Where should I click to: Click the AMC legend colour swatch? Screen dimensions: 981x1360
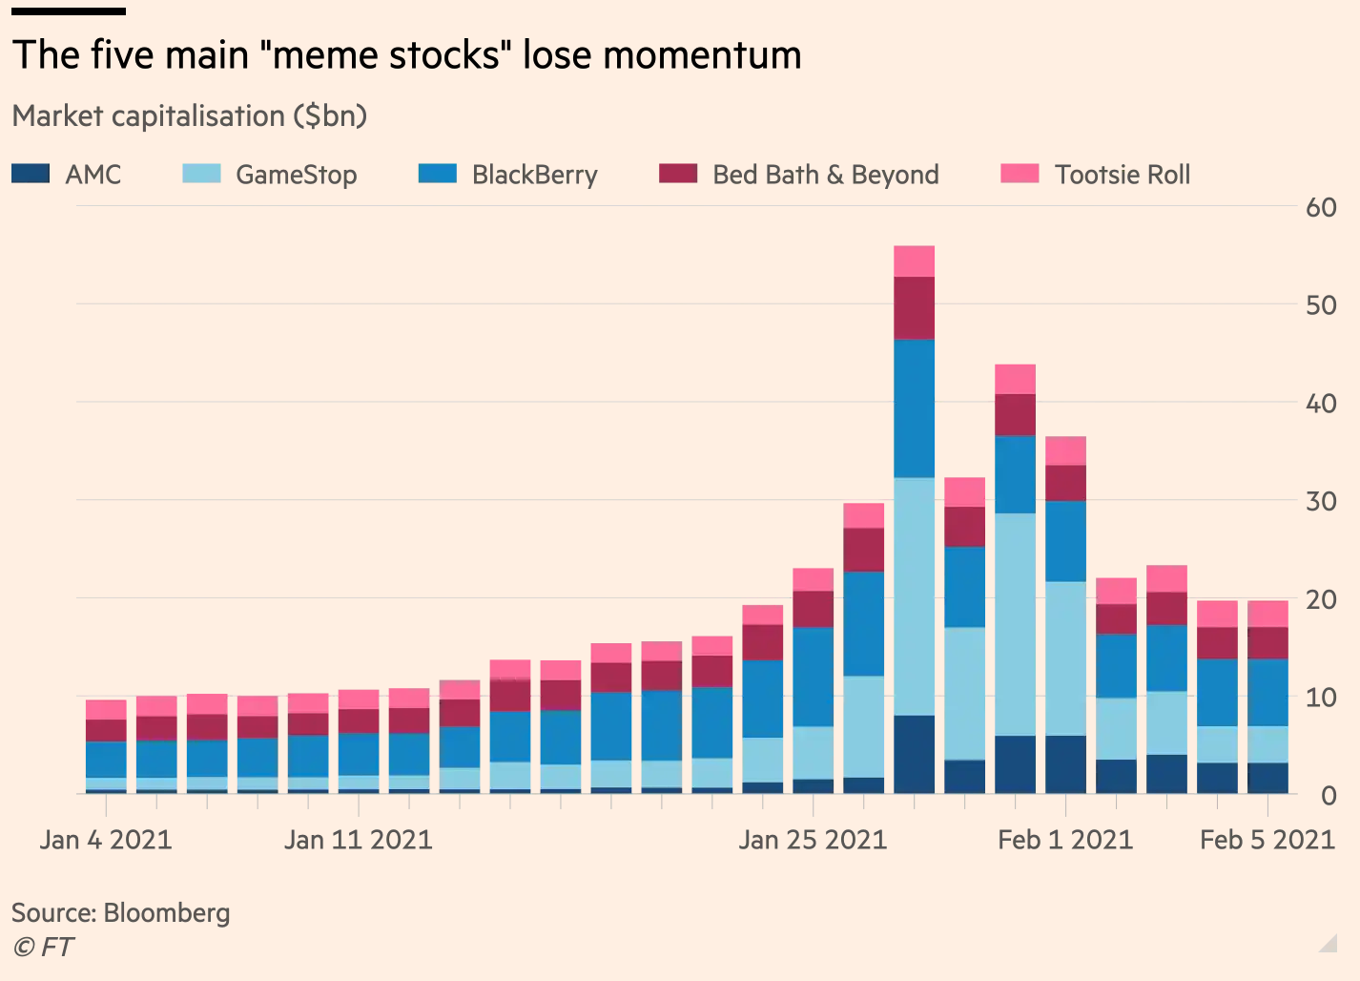[x=31, y=174]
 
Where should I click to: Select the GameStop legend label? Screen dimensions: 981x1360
[x=296, y=175]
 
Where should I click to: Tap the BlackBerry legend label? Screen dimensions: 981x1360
[x=534, y=175]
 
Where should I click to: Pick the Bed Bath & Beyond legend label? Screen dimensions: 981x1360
[x=825, y=175]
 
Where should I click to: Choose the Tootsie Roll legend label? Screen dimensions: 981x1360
[x=1122, y=175]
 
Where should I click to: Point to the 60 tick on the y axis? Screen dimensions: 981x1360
[x=1321, y=207]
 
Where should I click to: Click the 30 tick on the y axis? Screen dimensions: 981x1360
[x=1321, y=501]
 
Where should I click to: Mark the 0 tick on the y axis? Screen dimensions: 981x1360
[x=1329, y=795]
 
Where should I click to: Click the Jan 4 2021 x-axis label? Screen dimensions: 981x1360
[x=106, y=840]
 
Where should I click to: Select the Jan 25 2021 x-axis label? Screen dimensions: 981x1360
[x=813, y=840]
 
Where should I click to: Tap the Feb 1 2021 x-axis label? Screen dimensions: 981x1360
[x=1065, y=840]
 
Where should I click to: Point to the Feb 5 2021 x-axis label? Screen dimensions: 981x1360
[x=1267, y=840]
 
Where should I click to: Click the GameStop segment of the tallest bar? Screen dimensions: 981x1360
[x=914, y=595]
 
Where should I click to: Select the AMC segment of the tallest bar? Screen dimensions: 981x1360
[x=914, y=754]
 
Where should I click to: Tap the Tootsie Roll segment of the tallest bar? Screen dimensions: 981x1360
[x=914, y=261]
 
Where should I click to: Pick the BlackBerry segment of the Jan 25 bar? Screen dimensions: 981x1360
[x=813, y=677]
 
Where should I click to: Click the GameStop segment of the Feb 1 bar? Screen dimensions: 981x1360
[x=1065, y=658]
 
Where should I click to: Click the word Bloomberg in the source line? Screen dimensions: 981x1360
[x=167, y=913]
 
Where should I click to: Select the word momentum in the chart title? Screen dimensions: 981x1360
[x=702, y=55]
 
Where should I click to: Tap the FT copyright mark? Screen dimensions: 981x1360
[x=43, y=948]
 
